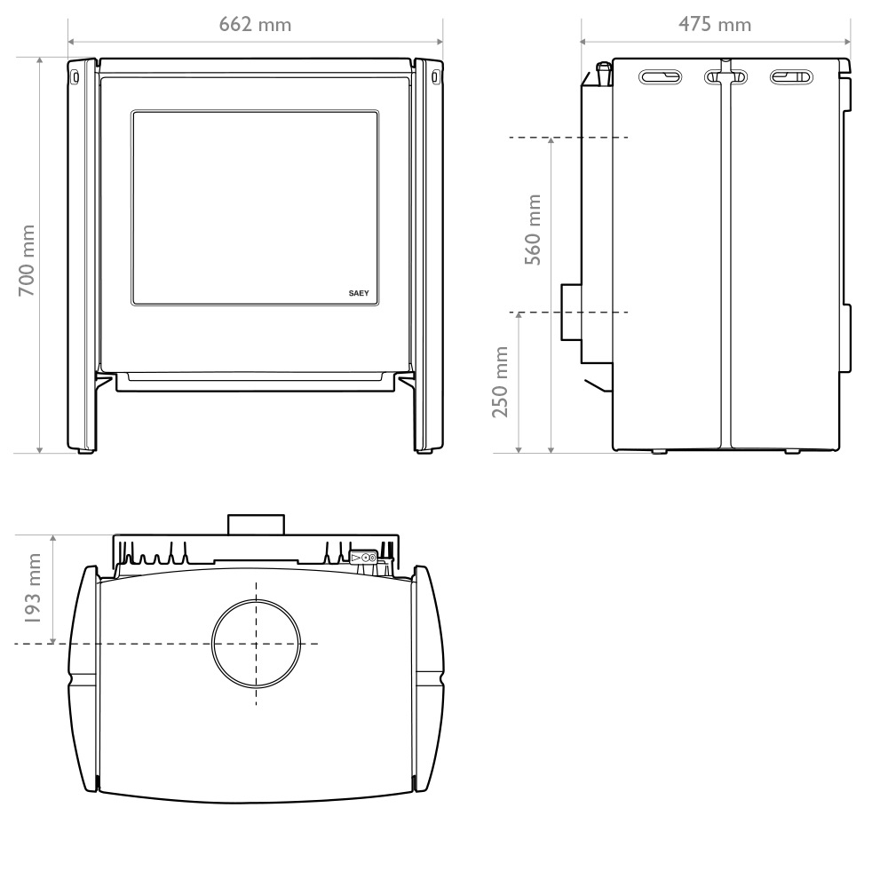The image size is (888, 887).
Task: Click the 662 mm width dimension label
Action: (255, 24)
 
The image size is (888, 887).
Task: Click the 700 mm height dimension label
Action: (27, 260)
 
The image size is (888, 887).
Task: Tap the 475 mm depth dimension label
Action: (715, 24)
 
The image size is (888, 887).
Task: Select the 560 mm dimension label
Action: (533, 229)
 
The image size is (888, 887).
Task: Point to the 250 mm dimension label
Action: (500, 382)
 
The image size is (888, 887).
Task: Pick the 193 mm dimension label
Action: (32, 588)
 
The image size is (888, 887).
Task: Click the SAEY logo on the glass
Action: (359, 293)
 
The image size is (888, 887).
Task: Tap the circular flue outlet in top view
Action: (256, 644)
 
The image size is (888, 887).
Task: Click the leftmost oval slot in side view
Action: (660, 76)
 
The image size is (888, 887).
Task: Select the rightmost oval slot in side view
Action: (791, 76)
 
